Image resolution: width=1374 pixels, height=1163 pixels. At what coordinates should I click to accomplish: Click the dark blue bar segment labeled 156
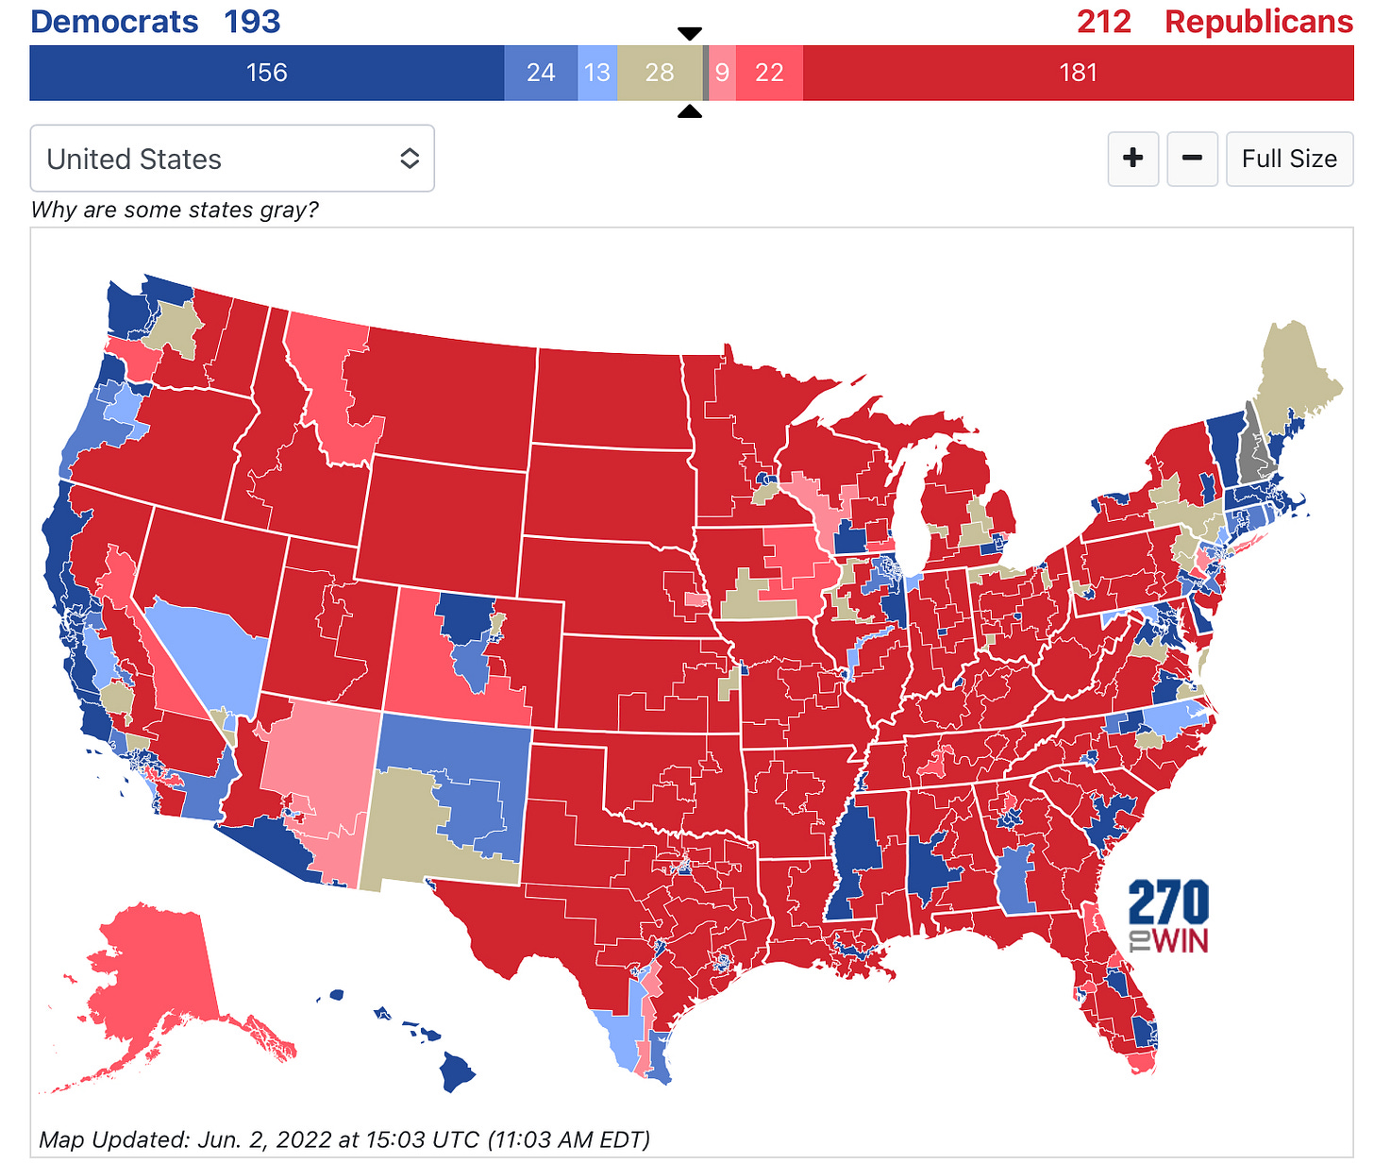[266, 73]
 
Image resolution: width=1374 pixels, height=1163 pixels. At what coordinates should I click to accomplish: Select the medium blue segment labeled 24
[541, 73]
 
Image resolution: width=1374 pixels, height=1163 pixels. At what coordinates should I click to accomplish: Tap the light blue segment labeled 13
[597, 73]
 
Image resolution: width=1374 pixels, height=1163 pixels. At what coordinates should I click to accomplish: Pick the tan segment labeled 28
[660, 73]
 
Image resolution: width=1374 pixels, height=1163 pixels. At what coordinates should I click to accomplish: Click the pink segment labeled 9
[722, 73]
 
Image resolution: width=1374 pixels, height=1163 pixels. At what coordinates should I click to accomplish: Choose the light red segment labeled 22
[769, 73]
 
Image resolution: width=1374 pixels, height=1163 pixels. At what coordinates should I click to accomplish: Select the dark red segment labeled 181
[1078, 73]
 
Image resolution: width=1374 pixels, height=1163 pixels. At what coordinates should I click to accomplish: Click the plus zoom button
[1133, 159]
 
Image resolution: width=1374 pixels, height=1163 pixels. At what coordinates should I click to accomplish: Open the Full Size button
[1289, 159]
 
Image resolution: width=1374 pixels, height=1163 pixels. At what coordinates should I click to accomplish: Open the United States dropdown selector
[232, 159]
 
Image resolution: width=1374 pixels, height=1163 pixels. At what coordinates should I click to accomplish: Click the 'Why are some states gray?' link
[175, 210]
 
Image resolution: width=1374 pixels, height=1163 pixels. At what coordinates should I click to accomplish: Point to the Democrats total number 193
[252, 22]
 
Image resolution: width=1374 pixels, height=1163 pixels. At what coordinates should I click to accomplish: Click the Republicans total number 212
[1104, 22]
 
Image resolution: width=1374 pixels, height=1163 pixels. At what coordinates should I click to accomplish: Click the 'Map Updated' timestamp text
[344, 1139]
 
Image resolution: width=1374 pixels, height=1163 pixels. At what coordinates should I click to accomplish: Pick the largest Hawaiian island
[458, 1072]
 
